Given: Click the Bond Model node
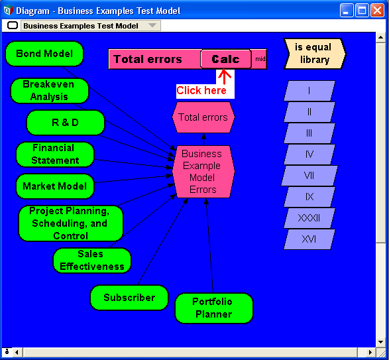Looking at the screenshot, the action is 44,54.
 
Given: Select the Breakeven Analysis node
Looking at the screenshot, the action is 49,91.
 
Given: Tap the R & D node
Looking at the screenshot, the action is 66,123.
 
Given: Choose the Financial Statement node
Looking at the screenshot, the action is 55,154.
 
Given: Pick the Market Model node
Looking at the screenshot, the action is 55,186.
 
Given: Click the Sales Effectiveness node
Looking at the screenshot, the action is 92,261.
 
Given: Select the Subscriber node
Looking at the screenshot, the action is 129,298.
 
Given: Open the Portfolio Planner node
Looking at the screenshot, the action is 214,308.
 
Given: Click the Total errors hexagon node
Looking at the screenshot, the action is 203,117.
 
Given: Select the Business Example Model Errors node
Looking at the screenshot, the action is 203,172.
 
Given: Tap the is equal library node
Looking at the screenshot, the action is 315,54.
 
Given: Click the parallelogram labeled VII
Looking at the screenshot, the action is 309,176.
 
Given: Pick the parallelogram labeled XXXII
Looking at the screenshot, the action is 309,218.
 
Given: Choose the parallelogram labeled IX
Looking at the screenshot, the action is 309,197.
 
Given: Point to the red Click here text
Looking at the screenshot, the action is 201,90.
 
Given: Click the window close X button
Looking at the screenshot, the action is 377,11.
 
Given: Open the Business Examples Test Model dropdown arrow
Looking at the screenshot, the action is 152,25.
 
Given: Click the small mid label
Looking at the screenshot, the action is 260,59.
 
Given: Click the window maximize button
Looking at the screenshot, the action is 362,11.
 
